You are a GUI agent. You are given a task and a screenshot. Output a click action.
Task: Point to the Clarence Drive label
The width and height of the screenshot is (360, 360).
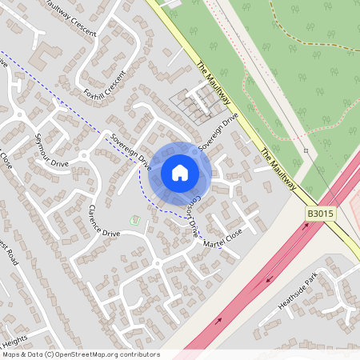tap(104, 222)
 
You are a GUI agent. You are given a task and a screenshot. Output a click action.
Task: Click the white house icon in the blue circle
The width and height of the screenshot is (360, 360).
tap(180, 173)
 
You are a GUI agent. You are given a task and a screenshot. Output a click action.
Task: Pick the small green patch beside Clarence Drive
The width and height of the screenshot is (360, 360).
tap(132, 219)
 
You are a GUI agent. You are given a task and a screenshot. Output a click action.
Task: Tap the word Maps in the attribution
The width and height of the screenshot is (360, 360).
tap(12, 354)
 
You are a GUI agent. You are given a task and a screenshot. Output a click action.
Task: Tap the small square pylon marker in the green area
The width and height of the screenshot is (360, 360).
tap(306, 150)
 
